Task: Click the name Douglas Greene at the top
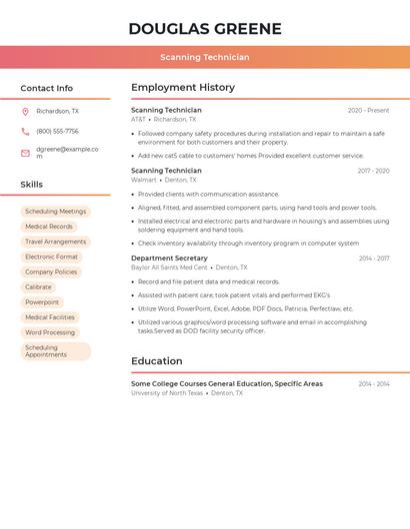coord(205,28)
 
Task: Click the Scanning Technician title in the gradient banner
coord(205,57)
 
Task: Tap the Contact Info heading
coord(47,88)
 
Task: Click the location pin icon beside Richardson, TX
coord(25,112)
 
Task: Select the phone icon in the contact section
coord(25,131)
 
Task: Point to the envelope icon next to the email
coord(25,153)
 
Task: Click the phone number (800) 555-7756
coord(57,131)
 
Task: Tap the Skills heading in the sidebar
coord(32,184)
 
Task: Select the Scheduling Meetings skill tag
coord(56,212)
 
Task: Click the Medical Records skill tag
coord(49,227)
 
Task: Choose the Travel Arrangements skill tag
coord(56,242)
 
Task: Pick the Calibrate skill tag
coord(38,286)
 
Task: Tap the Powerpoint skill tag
coord(42,301)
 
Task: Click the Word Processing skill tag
coord(50,332)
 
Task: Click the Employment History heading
coord(183,87)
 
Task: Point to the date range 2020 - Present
coord(368,110)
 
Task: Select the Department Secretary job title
coord(169,258)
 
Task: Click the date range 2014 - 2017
coord(374,258)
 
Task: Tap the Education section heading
coord(157,360)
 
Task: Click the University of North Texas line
coord(167,393)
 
